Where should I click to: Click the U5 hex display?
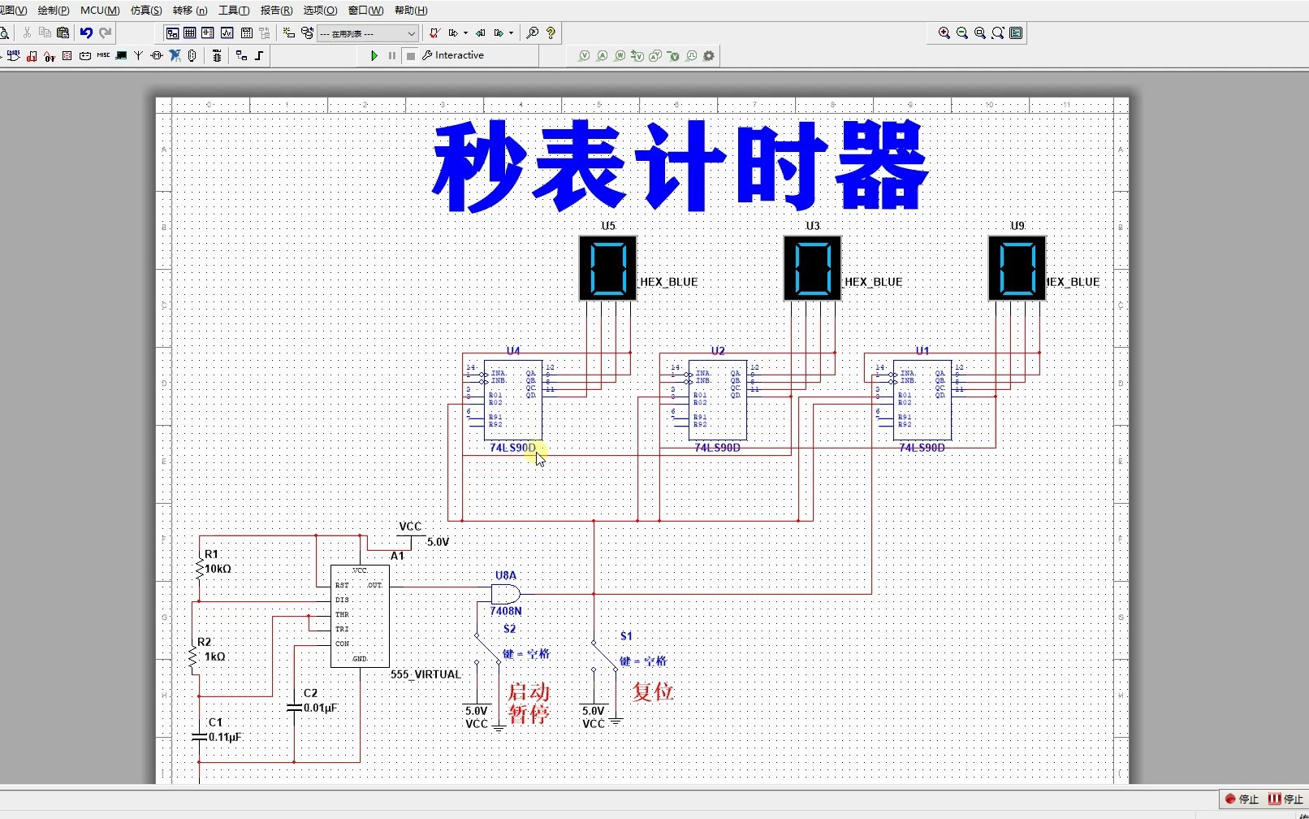(607, 268)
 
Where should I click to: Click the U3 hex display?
(812, 268)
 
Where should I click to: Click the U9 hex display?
(1017, 268)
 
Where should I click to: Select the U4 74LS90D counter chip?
(512, 400)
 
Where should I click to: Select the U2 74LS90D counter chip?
(717, 400)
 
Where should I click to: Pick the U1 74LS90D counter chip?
(922, 400)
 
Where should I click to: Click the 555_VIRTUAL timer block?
(360, 616)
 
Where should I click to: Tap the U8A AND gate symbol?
(505, 594)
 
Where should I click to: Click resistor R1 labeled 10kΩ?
(200, 567)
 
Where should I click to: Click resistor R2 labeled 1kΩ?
(193, 656)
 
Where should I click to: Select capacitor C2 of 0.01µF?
(294, 708)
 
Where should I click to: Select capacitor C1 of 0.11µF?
(199, 736)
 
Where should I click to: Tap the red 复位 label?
(653, 691)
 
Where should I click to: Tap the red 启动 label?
(529, 692)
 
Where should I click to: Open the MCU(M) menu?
(99, 11)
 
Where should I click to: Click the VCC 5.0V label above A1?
(411, 526)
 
